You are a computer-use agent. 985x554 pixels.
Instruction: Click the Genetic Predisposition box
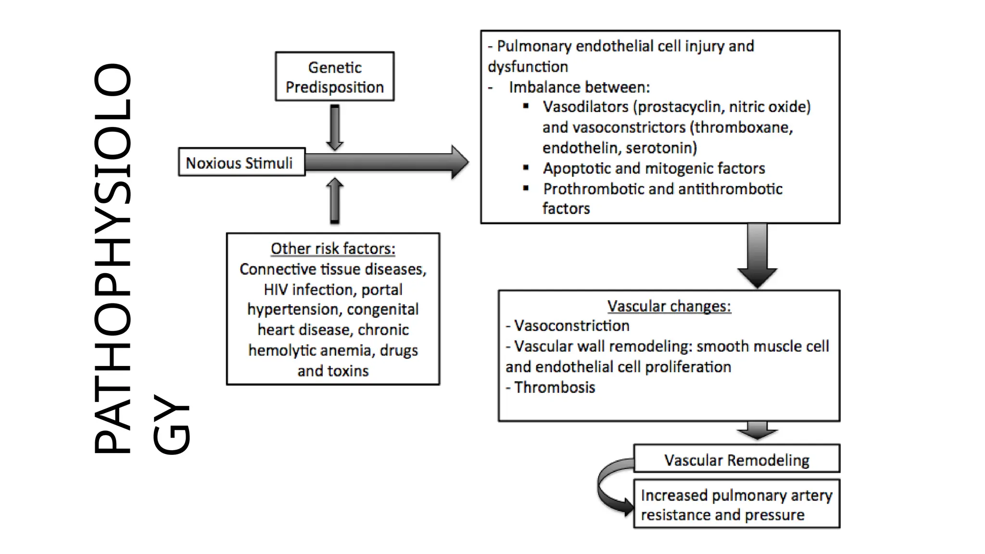pyautogui.click(x=334, y=76)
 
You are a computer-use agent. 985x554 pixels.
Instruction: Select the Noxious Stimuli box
pyautogui.click(x=241, y=163)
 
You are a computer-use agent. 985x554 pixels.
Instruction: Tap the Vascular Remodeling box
pyautogui.click(x=736, y=459)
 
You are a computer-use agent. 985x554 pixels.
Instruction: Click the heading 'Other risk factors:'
pyautogui.click(x=333, y=249)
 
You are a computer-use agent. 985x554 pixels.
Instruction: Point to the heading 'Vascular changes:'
pyautogui.click(x=669, y=306)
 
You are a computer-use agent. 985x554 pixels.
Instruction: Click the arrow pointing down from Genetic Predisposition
pyautogui.click(x=335, y=127)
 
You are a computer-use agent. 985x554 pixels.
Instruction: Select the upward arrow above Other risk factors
pyautogui.click(x=335, y=201)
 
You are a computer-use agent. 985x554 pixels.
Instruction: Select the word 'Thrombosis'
pyautogui.click(x=555, y=387)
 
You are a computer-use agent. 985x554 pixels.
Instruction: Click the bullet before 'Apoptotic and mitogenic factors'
pyautogui.click(x=526, y=168)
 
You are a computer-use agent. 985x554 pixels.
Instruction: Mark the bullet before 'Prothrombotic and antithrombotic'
pyautogui.click(x=526, y=189)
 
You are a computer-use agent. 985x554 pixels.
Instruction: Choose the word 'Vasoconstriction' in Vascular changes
pyautogui.click(x=571, y=326)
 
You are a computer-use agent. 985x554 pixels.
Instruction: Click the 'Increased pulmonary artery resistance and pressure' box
pyautogui.click(x=736, y=504)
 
